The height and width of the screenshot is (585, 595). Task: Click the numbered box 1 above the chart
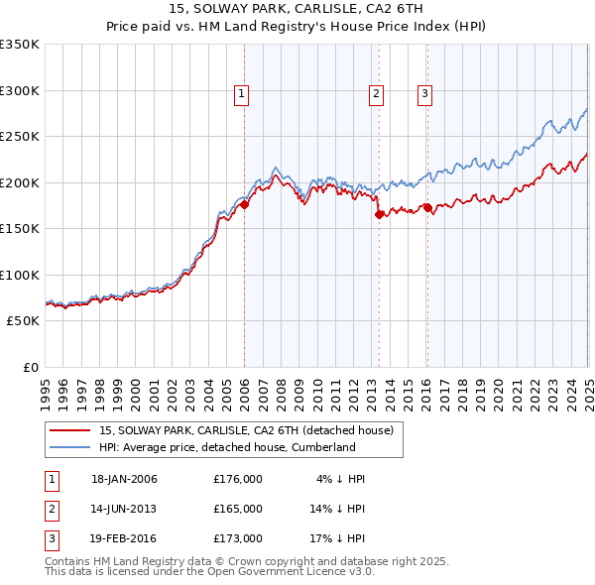click(242, 95)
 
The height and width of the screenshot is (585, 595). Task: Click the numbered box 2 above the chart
click(377, 95)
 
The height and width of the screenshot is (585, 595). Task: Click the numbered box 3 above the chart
click(424, 95)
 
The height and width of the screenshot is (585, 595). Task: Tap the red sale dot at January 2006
click(244, 205)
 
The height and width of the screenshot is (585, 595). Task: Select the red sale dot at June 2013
click(379, 214)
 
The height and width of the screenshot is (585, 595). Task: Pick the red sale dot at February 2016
click(427, 207)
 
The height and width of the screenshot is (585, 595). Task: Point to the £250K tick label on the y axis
click(20, 136)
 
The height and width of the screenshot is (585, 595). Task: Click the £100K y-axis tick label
click(20, 275)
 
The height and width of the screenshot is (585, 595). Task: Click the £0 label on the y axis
click(29, 367)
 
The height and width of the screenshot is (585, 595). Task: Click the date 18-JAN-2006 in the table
click(124, 479)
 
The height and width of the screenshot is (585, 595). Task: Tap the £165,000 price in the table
click(238, 509)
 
